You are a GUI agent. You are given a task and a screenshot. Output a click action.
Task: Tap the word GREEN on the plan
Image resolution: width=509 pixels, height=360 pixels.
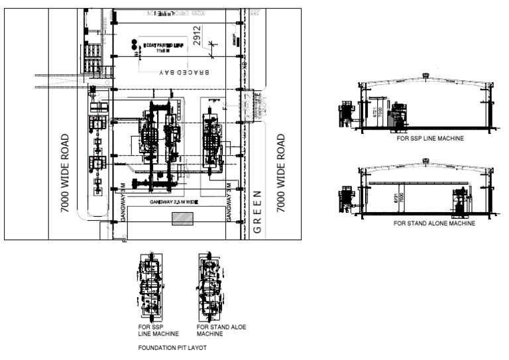[x=258, y=212]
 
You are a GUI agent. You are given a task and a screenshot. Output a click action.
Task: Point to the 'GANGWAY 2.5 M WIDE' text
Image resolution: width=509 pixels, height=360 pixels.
[x=173, y=201]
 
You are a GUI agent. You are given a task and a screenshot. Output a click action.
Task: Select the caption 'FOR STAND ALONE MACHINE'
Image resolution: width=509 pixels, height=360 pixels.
[x=434, y=223]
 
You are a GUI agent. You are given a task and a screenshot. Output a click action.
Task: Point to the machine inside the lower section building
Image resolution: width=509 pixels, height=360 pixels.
[x=459, y=201]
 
